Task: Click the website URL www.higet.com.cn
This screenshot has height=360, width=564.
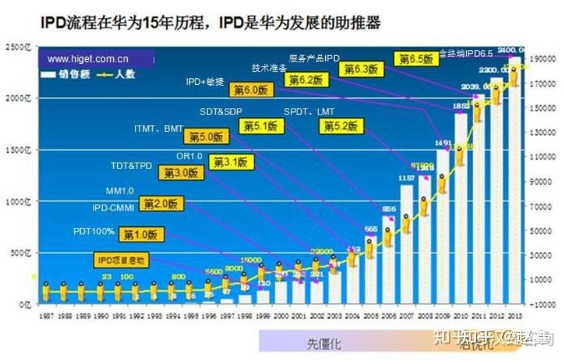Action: pos(88,59)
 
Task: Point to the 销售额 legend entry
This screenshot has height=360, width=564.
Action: pos(66,74)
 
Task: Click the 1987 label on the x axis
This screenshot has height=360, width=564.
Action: pos(46,317)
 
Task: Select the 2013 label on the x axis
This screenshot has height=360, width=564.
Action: pos(515,317)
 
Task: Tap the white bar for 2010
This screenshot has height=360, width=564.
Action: pos(461,211)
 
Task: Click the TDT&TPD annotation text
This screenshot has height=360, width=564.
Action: pos(132,166)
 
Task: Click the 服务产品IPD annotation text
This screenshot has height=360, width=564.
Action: pos(314,58)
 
